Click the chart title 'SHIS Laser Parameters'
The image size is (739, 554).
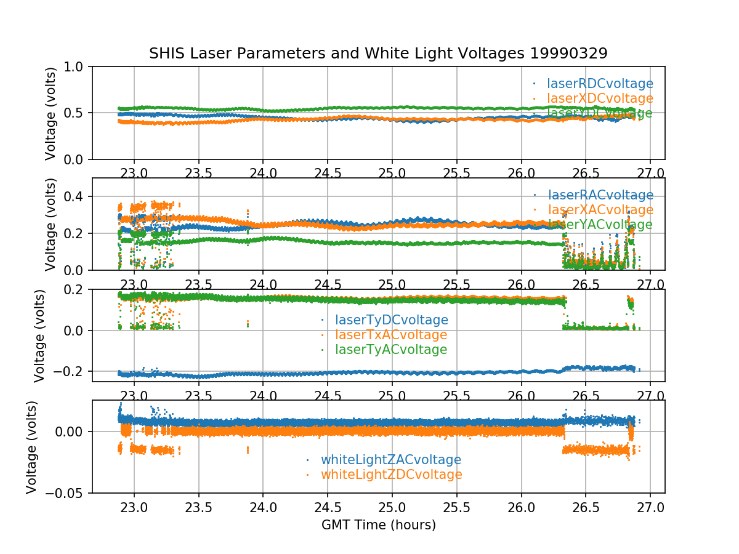(378, 54)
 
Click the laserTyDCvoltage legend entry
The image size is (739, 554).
(391, 320)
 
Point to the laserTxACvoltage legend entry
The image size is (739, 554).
(391, 335)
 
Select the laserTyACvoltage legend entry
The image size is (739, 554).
(391, 350)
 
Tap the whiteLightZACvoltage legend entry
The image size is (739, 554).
(391, 460)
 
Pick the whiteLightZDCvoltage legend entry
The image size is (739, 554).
(391, 475)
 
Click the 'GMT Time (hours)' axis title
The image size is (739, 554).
(378, 525)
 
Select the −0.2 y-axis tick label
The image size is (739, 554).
(69, 371)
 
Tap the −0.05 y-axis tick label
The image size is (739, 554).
(65, 493)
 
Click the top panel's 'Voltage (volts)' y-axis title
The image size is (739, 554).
(50, 113)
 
